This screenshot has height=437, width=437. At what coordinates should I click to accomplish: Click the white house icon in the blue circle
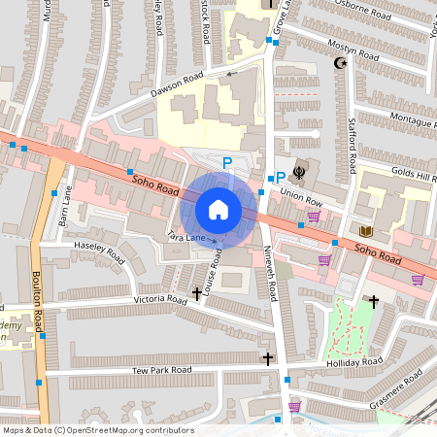click(x=218, y=210)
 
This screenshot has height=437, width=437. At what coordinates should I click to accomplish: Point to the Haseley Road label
click(x=100, y=254)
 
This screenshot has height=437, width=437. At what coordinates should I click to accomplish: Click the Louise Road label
click(x=213, y=269)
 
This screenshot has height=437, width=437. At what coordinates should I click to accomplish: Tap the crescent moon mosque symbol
click(x=339, y=63)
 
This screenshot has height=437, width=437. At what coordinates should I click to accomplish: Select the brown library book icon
click(x=366, y=231)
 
